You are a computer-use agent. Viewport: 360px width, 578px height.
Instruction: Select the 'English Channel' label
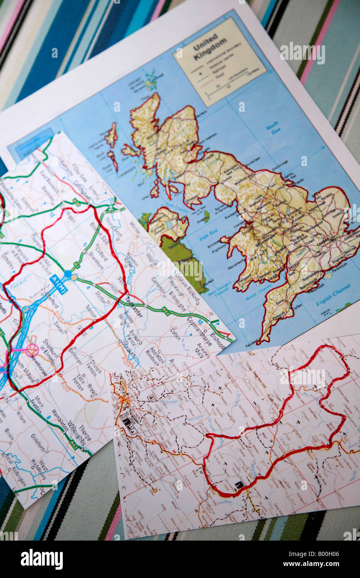pyautogui.click(x=333, y=301)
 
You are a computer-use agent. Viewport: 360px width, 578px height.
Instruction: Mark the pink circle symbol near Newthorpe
pyautogui.click(x=32, y=350)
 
